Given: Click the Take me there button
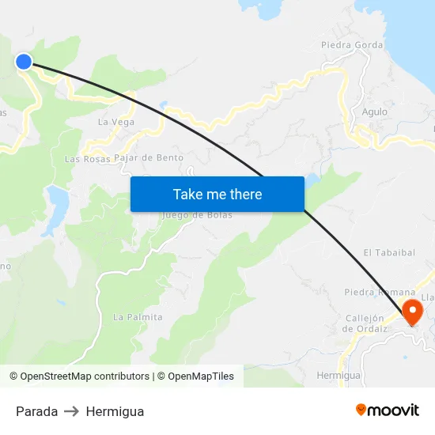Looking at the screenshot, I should (217, 194).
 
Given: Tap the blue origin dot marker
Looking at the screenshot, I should (24, 61).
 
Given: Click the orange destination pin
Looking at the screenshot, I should (412, 310).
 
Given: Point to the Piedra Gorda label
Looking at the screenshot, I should (352, 45).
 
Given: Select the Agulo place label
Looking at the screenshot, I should (375, 112).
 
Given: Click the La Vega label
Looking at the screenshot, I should (116, 123).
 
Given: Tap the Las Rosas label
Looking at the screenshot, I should (87, 159).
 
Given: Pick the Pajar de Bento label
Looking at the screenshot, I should (149, 158).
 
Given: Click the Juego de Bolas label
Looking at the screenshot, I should (197, 215).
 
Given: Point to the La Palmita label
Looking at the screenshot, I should (138, 317).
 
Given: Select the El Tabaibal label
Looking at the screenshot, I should (389, 252).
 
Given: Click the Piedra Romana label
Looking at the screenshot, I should (380, 292).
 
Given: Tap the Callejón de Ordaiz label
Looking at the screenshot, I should (365, 323).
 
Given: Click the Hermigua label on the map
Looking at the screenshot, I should (339, 375).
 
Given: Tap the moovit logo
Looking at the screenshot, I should (388, 410).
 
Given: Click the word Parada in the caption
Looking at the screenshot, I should (36, 411).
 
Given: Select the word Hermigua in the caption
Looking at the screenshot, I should (115, 411).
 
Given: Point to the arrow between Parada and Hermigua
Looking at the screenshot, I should (72, 411).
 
